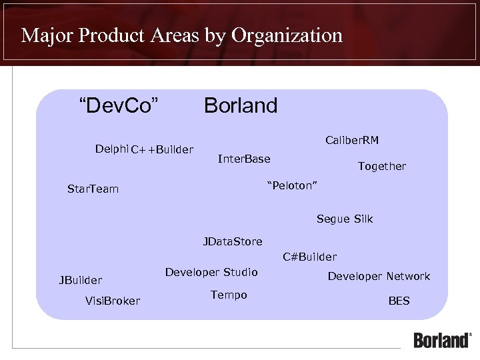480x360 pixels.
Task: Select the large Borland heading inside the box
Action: click(x=241, y=105)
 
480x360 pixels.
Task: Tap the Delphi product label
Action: click(x=111, y=148)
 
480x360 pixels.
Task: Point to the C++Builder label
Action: click(x=162, y=149)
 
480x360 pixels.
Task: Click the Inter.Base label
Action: click(x=244, y=159)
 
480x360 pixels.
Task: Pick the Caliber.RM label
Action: click(x=352, y=140)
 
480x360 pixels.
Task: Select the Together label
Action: click(x=381, y=166)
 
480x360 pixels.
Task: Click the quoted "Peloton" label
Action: click(x=292, y=185)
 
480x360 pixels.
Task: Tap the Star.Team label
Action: click(x=93, y=189)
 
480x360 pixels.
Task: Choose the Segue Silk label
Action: click(x=345, y=219)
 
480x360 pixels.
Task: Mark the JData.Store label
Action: click(x=233, y=241)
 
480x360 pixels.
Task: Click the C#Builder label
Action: click(x=309, y=257)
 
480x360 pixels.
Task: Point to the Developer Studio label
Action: click(x=211, y=272)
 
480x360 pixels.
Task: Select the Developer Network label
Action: click(x=379, y=276)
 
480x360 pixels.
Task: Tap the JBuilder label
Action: click(x=81, y=280)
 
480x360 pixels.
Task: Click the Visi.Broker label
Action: click(x=113, y=301)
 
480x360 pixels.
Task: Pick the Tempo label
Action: click(x=229, y=295)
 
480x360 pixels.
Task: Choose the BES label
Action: click(x=399, y=301)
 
